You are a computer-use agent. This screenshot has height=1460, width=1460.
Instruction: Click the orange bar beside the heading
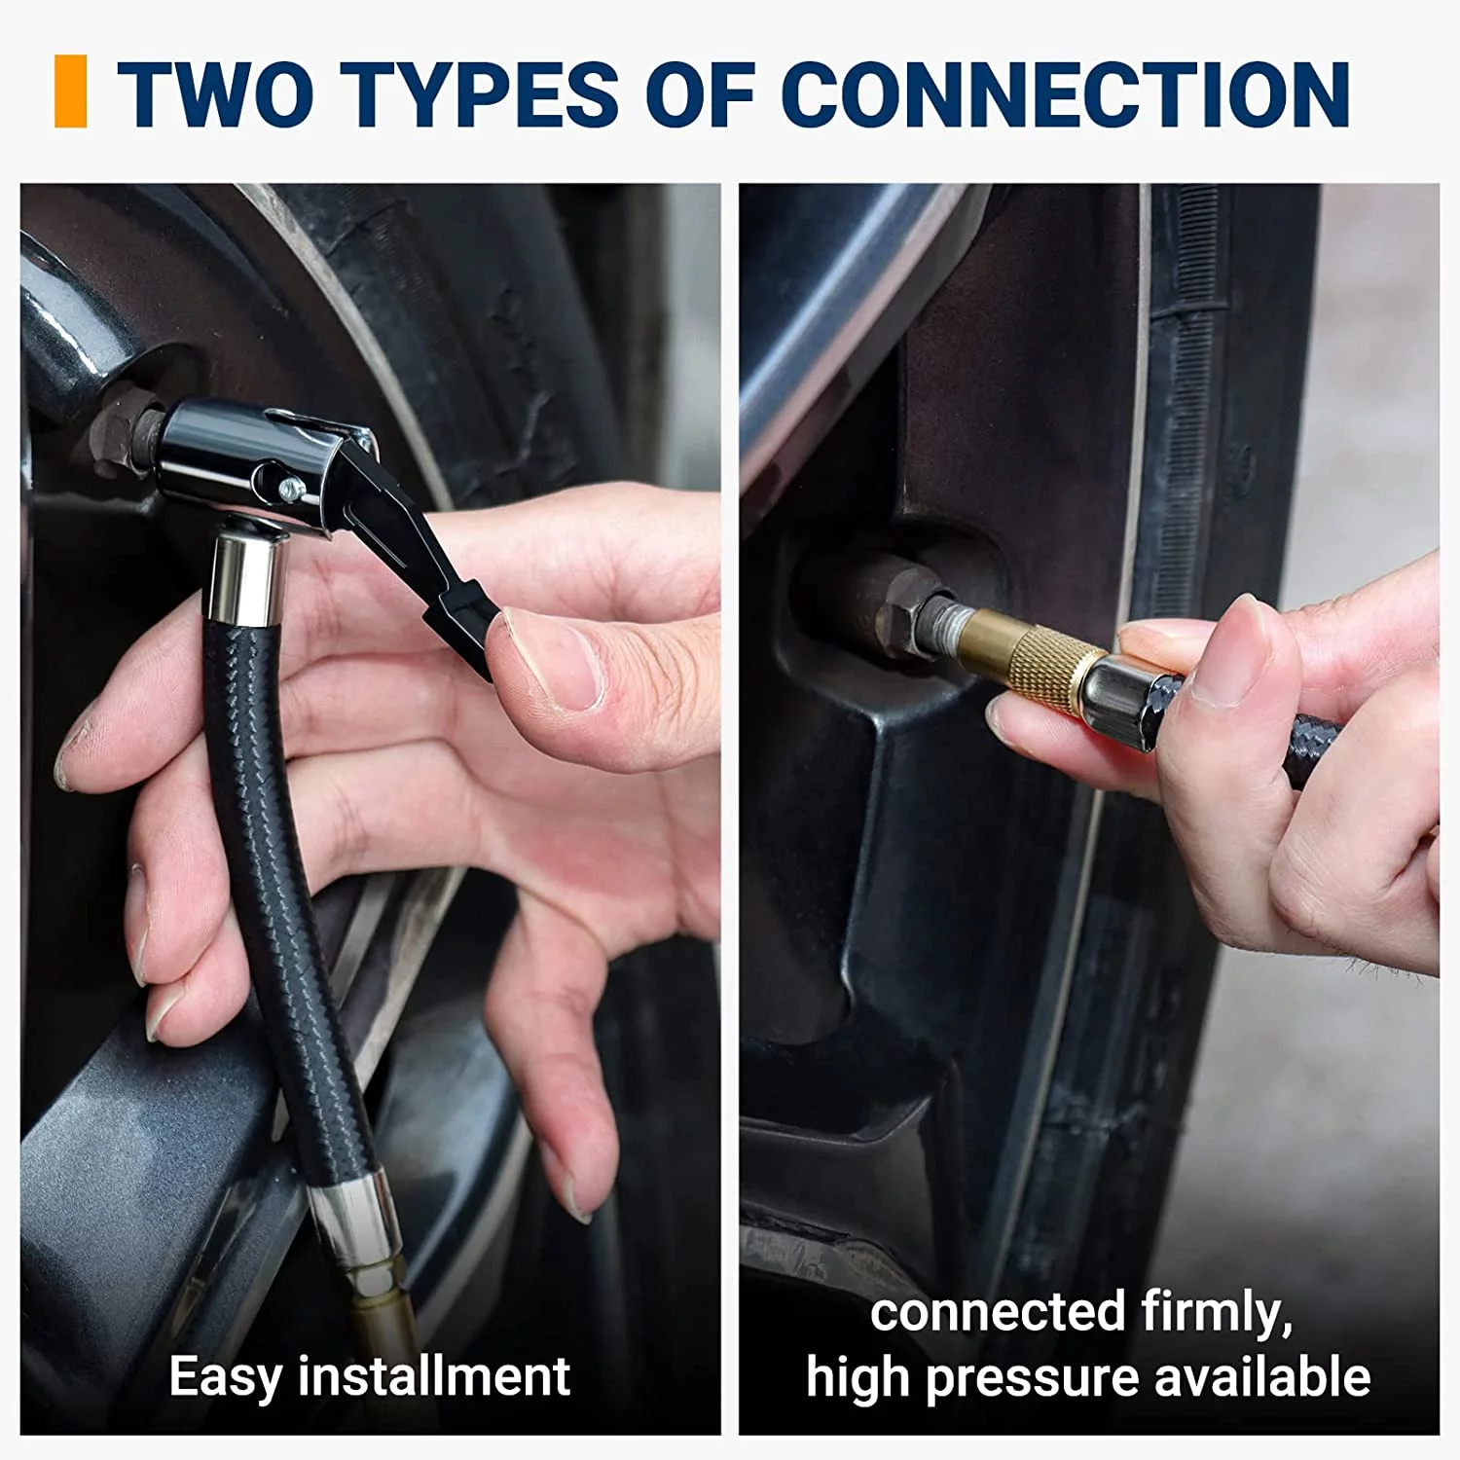coord(70,91)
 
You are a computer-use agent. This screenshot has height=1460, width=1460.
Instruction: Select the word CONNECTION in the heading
coord(1065,93)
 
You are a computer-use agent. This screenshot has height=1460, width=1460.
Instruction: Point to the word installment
coord(434,1376)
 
